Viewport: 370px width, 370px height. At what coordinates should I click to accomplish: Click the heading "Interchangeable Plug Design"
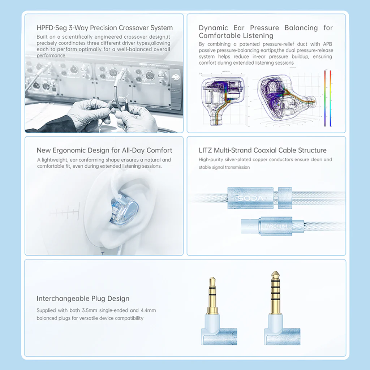pyautogui.click(x=83, y=298)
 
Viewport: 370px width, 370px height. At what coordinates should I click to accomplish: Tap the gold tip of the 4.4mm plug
pyautogui.click(x=275, y=275)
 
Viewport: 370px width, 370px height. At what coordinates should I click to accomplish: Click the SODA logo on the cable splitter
pyautogui.click(x=250, y=198)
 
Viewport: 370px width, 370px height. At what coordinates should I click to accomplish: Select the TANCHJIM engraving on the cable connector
pyautogui.click(x=276, y=226)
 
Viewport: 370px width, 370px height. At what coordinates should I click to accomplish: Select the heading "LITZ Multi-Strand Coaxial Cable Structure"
pyautogui.click(x=263, y=150)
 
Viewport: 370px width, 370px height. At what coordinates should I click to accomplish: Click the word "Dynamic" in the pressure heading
pyautogui.click(x=213, y=28)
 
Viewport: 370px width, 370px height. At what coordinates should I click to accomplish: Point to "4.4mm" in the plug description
pyautogui.click(x=148, y=310)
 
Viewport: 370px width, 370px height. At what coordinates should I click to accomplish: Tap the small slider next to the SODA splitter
pyautogui.click(x=285, y=198)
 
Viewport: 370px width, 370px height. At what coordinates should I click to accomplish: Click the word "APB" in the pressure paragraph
pyautogui.click(x=327, y=44)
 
